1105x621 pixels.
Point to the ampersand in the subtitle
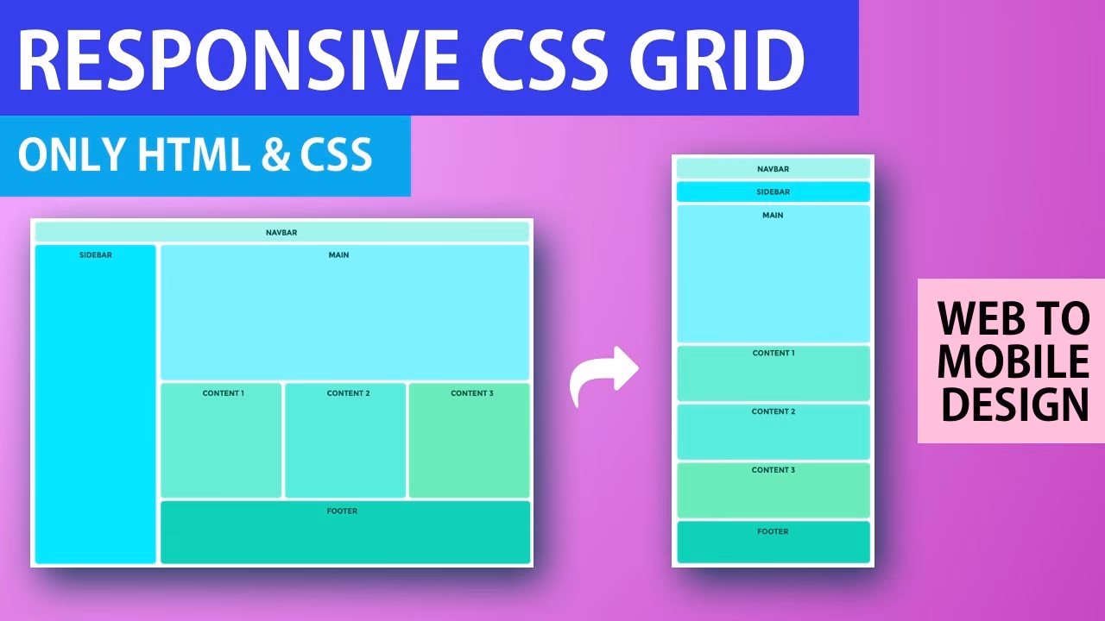tap(275, 155)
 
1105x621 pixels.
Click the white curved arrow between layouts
tap(603, 376)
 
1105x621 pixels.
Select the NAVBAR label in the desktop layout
tap(281, 233)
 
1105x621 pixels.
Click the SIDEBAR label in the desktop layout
tap(95, 255)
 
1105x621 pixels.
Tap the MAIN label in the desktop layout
tap(338, 255)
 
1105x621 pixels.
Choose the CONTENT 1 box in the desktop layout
tap(222, 441)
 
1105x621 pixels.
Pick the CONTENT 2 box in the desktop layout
tap(345, 441)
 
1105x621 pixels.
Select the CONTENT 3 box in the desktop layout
tap(470, 441)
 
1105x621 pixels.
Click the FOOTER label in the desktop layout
tap(342, 511)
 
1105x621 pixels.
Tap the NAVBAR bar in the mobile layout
tap(773, 169)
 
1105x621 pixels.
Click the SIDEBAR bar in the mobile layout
tap(773, 192)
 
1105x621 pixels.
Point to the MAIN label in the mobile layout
tap(773, 215)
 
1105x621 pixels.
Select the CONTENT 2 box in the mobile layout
tap(773, 432)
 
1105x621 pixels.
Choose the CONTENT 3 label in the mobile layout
tap(773, 470)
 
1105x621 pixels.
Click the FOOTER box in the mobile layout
tap(773, 542)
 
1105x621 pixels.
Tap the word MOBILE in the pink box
tap(1013, 362)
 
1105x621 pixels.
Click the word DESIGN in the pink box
tap(1013, 405)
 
